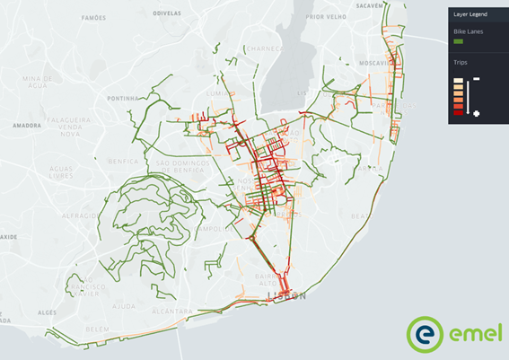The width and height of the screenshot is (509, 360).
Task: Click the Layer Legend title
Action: pyautogui.click(x=471, y=13)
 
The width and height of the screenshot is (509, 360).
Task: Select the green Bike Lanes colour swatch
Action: pyautogui.click(x=459, y=41)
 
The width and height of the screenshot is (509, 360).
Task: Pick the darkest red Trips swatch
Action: pyautogui.click(x=459, y=112)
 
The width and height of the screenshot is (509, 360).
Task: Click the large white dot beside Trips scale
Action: pyautogui.click(x=476, y=113)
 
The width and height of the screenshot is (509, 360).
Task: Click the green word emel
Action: pyautogui.click(x=471, y=335)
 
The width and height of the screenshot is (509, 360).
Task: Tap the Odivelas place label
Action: pyautogui.click(x=168, y=13)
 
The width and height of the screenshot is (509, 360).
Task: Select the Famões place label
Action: pyautogui.click(x=93, y=17)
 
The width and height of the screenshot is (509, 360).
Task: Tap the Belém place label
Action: pyautogui.click(x=97, y=329)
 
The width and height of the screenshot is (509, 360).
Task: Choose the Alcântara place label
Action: pyautogui.click(x=172, y=311)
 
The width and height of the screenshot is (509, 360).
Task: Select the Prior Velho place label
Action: pyautogui.click(x=324, y=16)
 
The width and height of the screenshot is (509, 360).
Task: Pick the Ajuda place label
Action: pyautogui.click(x=124, y=305)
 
